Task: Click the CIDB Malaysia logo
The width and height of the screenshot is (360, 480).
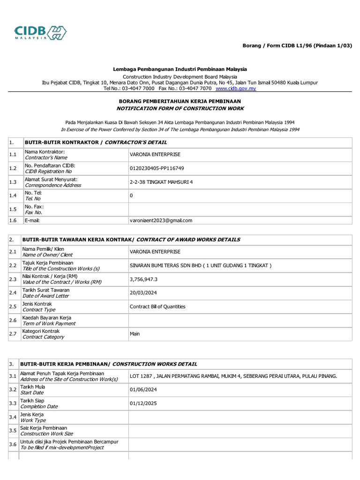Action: pyautogui.click(x=40, y=32)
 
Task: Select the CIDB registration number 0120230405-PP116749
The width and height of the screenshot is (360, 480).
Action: pyautogui.click(x=157, y=168)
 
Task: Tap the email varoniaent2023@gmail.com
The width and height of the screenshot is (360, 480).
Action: pyautogui.click(x=161, y=220)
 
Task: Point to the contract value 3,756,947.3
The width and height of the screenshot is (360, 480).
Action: pyautogui.click(x=144, y=279)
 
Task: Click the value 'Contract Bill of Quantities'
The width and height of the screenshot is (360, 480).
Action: pyautogui.click(x=157, y=307)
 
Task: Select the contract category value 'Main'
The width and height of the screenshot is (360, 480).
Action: pyautogui.click(x=135, y=334)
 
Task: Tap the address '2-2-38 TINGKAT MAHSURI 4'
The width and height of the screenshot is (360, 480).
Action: pyautogui.click(x=161, y=182)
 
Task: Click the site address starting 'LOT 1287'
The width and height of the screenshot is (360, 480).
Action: pyautogui.click(x=233, y=376)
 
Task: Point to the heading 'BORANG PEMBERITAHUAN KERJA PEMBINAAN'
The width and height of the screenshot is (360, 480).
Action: pyautogui.click(x=180, y=101)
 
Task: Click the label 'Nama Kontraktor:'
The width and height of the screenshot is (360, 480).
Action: pyautogui.click(x=45, y=152)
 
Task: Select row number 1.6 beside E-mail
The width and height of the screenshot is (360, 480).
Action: pyautogui.click(x=13, y=220)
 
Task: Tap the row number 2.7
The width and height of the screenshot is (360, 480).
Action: pyautogui.click(x=13, y=334)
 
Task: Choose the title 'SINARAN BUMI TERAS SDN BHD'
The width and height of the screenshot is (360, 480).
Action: pyautogui.click(x=165, y=266)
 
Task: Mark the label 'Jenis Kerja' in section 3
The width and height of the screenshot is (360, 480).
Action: pyautogui.click(x=32, y=414)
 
